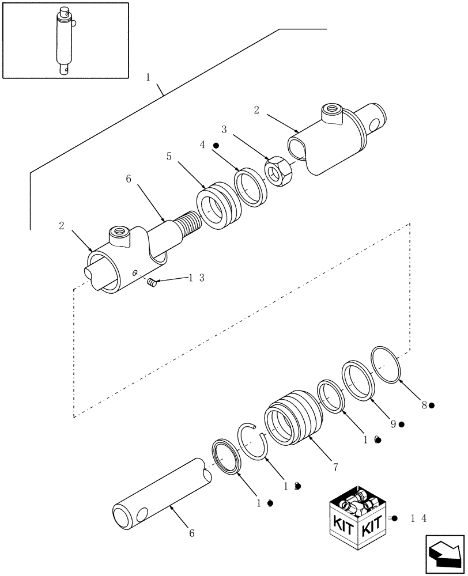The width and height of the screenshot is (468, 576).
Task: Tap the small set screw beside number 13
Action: (x=152, y=282)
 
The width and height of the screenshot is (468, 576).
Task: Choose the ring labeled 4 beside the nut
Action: (x=251, y=186)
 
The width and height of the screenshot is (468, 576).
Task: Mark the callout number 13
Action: (x=196, y=278)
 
